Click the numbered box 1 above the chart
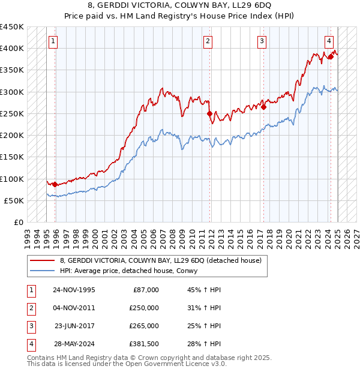pos(53,41)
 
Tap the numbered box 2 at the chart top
pos(208,41)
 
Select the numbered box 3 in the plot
pos(262,41)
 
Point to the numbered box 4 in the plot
pos(329,41)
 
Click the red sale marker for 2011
pos(209,113)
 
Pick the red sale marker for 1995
pos(55,184)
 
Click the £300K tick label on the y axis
pos(12,92)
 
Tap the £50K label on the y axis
pos(14,200)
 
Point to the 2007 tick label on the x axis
pos(163,235)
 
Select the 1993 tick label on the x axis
pos(27,235)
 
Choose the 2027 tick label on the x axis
pos(357,235)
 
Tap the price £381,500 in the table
pos(144,344)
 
